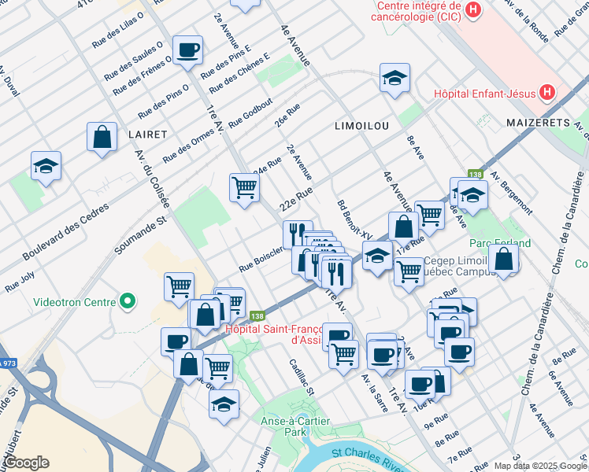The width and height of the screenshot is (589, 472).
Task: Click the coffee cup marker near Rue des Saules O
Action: tap(187, 51)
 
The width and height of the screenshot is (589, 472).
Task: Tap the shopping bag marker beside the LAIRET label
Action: tap(102, 137)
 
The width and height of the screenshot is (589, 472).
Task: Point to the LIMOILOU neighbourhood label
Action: tap(361, 126)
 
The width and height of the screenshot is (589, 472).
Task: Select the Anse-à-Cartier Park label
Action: tap(294, 426)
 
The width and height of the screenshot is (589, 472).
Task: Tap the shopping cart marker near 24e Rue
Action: tap(244, 188)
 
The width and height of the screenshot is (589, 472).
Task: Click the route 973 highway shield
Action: tap(7, 363)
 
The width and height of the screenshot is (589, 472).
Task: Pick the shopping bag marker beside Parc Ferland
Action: tap(503, 259)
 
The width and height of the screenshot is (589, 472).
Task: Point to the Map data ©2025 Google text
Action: tap(540, 466)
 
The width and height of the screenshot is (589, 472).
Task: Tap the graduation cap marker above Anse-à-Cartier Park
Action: tap(224, 405)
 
